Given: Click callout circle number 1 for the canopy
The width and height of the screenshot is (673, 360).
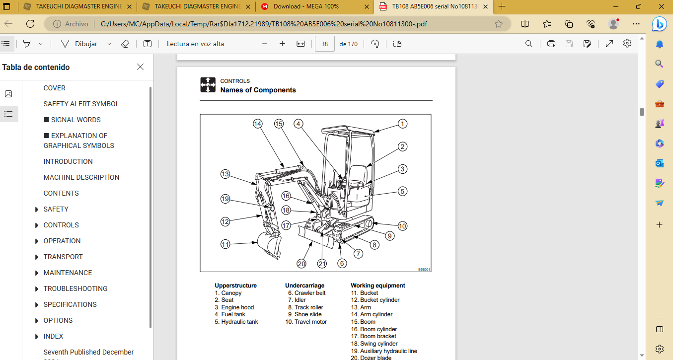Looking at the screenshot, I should pos(402,124).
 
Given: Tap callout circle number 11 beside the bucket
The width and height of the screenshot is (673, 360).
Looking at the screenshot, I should pos(225,244).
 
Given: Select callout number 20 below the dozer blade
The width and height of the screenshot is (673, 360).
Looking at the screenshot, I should pos(301,264).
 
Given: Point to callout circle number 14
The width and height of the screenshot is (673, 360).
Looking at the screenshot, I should pos(257,124).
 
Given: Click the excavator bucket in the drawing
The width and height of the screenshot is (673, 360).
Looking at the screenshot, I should pos(269,245).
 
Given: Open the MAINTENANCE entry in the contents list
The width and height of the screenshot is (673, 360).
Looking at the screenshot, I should pos(68,273).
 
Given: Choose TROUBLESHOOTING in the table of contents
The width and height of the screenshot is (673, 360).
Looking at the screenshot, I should pos(75,288).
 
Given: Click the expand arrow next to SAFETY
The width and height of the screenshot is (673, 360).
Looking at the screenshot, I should pos(37,210).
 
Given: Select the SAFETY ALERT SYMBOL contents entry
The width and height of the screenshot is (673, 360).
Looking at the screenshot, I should pos(81,104).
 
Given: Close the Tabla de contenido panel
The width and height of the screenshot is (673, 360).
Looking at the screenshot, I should pos(141,67).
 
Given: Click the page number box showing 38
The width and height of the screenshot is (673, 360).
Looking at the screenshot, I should pos(325,44).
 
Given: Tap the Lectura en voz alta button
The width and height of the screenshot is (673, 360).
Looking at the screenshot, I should pos(195,44).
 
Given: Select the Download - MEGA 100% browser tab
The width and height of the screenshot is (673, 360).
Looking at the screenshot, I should pos(306,6).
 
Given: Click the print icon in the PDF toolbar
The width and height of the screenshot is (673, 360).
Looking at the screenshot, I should pos(551,44).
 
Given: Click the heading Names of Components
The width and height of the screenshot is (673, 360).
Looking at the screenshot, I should pos(258,90).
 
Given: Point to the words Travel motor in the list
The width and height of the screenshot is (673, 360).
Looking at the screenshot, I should pos(310,322).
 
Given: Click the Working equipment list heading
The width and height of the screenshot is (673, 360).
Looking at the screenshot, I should pos(378,286).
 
